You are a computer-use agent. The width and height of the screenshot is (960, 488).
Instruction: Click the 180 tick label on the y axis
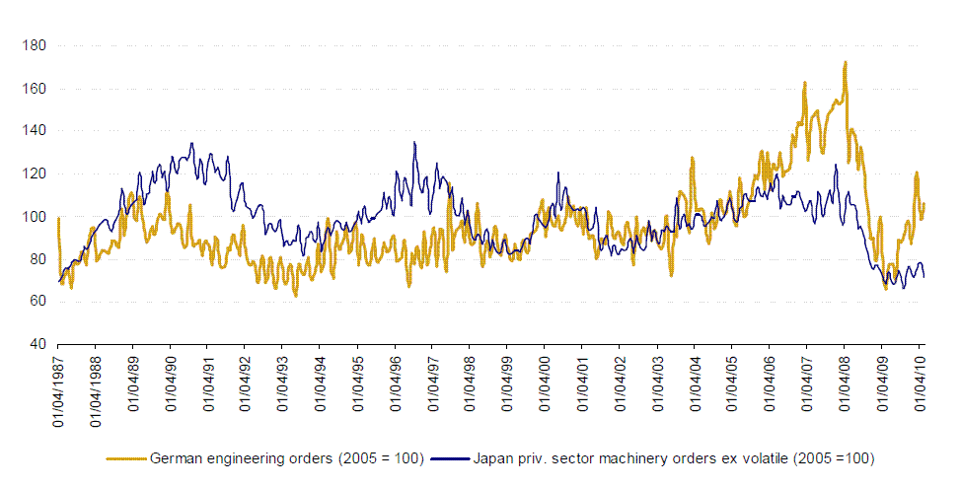33,45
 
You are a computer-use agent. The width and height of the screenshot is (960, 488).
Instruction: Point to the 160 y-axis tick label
33,89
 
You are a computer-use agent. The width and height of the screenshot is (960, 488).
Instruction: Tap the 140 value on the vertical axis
33,131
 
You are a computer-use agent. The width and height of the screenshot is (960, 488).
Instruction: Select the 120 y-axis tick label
33,174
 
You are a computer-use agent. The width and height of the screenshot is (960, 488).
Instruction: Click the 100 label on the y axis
33,217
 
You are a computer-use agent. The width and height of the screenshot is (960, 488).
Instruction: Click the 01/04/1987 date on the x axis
59,388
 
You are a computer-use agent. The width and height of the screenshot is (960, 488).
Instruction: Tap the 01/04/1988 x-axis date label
97,388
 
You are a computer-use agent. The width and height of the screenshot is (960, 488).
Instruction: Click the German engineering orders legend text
286,458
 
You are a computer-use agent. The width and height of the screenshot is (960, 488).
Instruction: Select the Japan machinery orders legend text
674,458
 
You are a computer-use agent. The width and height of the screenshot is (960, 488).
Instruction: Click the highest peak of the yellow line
846,63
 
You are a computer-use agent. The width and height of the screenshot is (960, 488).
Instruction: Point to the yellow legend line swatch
126,458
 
